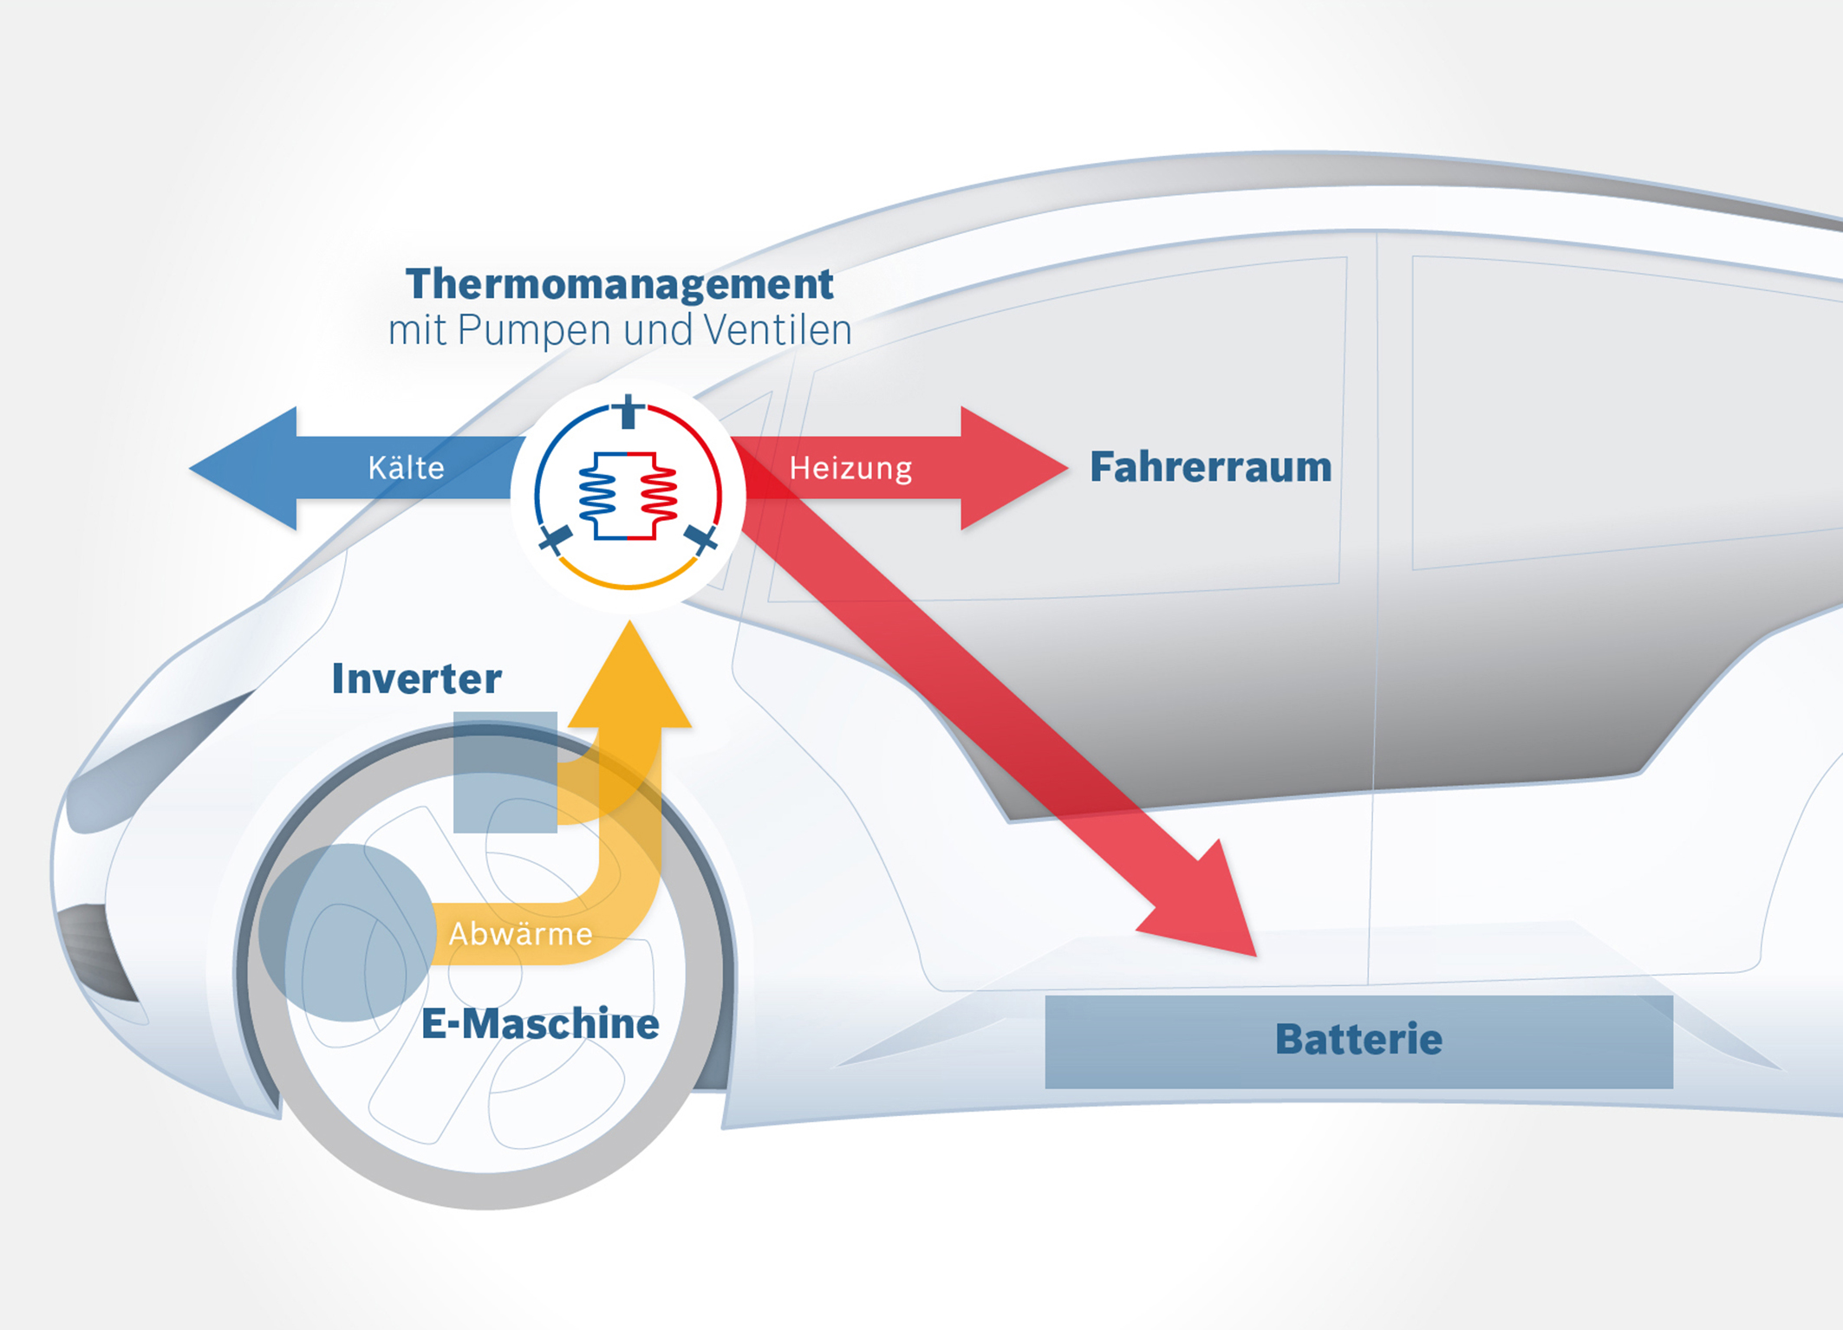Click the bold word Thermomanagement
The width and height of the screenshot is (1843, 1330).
click(619, 284)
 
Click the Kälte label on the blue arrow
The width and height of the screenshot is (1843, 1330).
click(406, 468)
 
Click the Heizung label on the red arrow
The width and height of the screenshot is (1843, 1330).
click(850, 468)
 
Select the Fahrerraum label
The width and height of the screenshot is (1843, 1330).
click(1210, 467)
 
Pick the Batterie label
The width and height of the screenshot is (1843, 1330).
click(1358, 1040)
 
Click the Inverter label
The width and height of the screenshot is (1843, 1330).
click(416, 678)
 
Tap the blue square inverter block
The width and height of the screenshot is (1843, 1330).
click(505, 772)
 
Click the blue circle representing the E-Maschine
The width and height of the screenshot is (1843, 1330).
click(347, 932)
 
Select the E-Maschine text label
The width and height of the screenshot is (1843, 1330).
click(539, 1024)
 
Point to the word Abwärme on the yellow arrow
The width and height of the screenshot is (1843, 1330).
click(520, 934)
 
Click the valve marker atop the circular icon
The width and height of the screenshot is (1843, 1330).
click(629, 411)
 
